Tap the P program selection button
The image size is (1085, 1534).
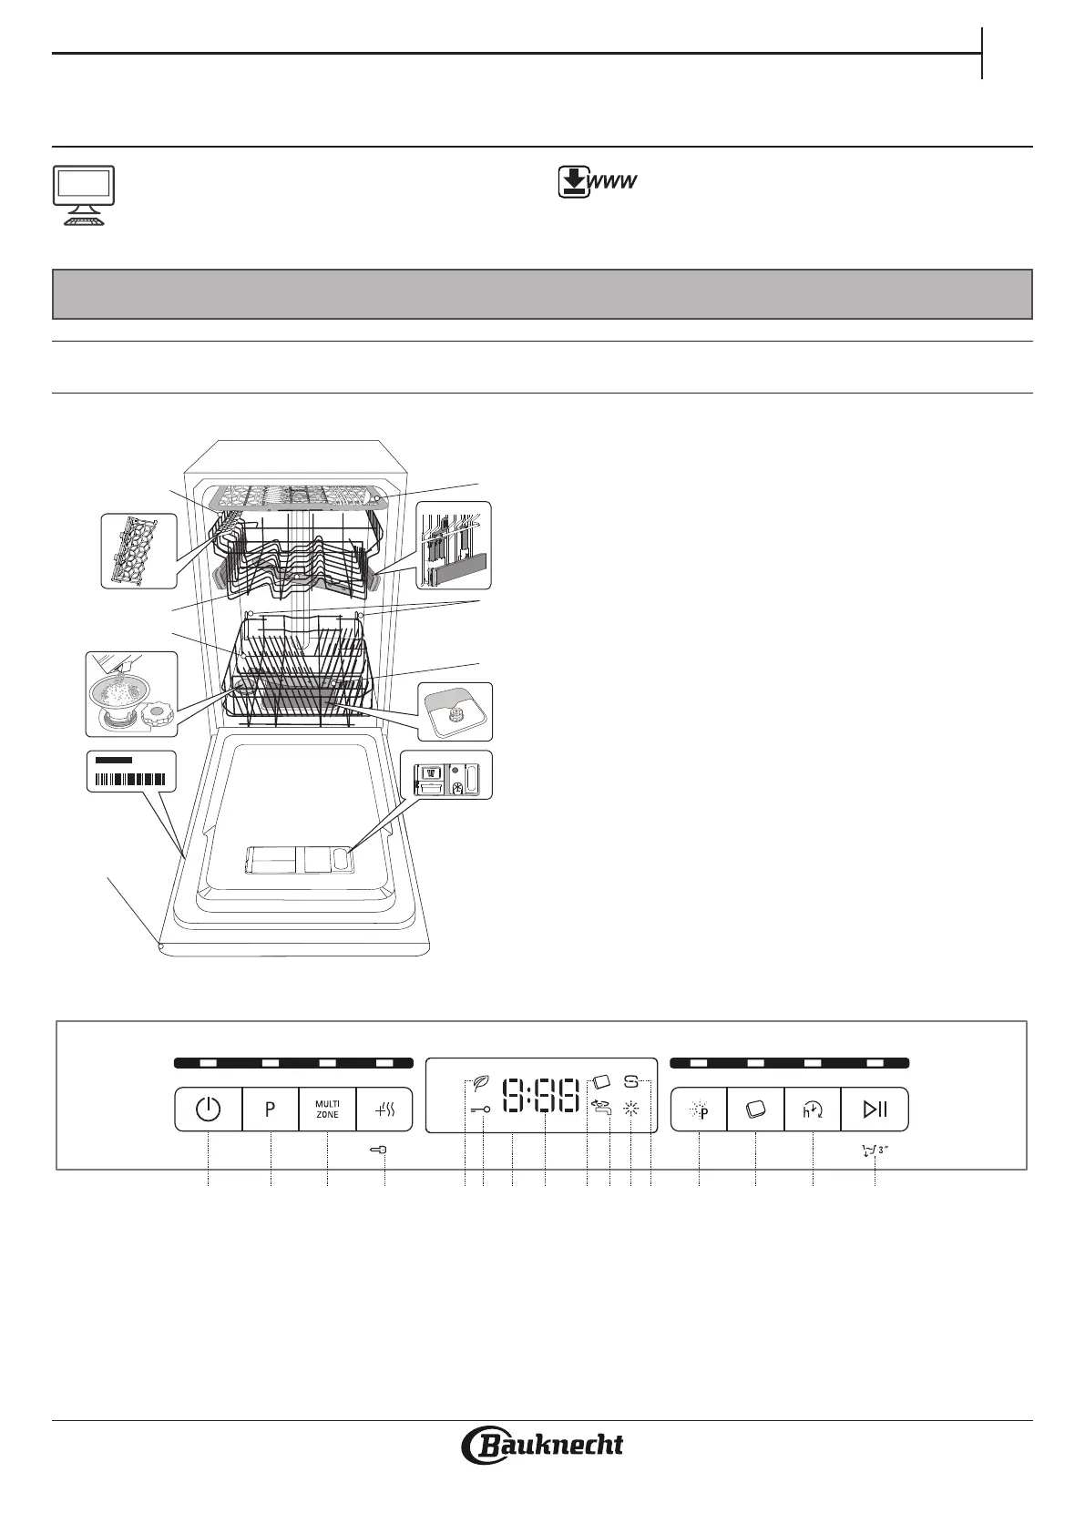[x=271, y=1110]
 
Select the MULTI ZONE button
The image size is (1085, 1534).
[x=327, y=1110]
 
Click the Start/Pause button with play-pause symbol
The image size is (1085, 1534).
[x=875, y=1110]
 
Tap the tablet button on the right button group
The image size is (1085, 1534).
[x=755, y=1110]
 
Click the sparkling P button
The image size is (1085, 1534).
[x=700, y=1110]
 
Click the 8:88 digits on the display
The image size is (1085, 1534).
[x=541, y=1097]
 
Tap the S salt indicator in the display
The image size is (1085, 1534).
[x=631, y=1082]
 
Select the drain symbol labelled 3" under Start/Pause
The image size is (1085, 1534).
[x=874, y=1150]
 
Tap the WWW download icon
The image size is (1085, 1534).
[x=596, y=183]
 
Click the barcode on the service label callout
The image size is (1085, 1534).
[x=131, y=779]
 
